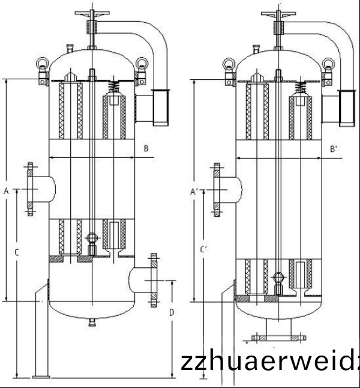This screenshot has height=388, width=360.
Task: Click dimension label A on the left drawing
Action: [6, 191]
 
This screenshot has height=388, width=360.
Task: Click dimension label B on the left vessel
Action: [146, 148]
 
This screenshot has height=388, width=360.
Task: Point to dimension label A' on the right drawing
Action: [194, 192]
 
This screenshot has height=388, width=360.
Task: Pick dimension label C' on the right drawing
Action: [204, 249]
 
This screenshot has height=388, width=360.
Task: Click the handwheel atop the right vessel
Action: [280, 11]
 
